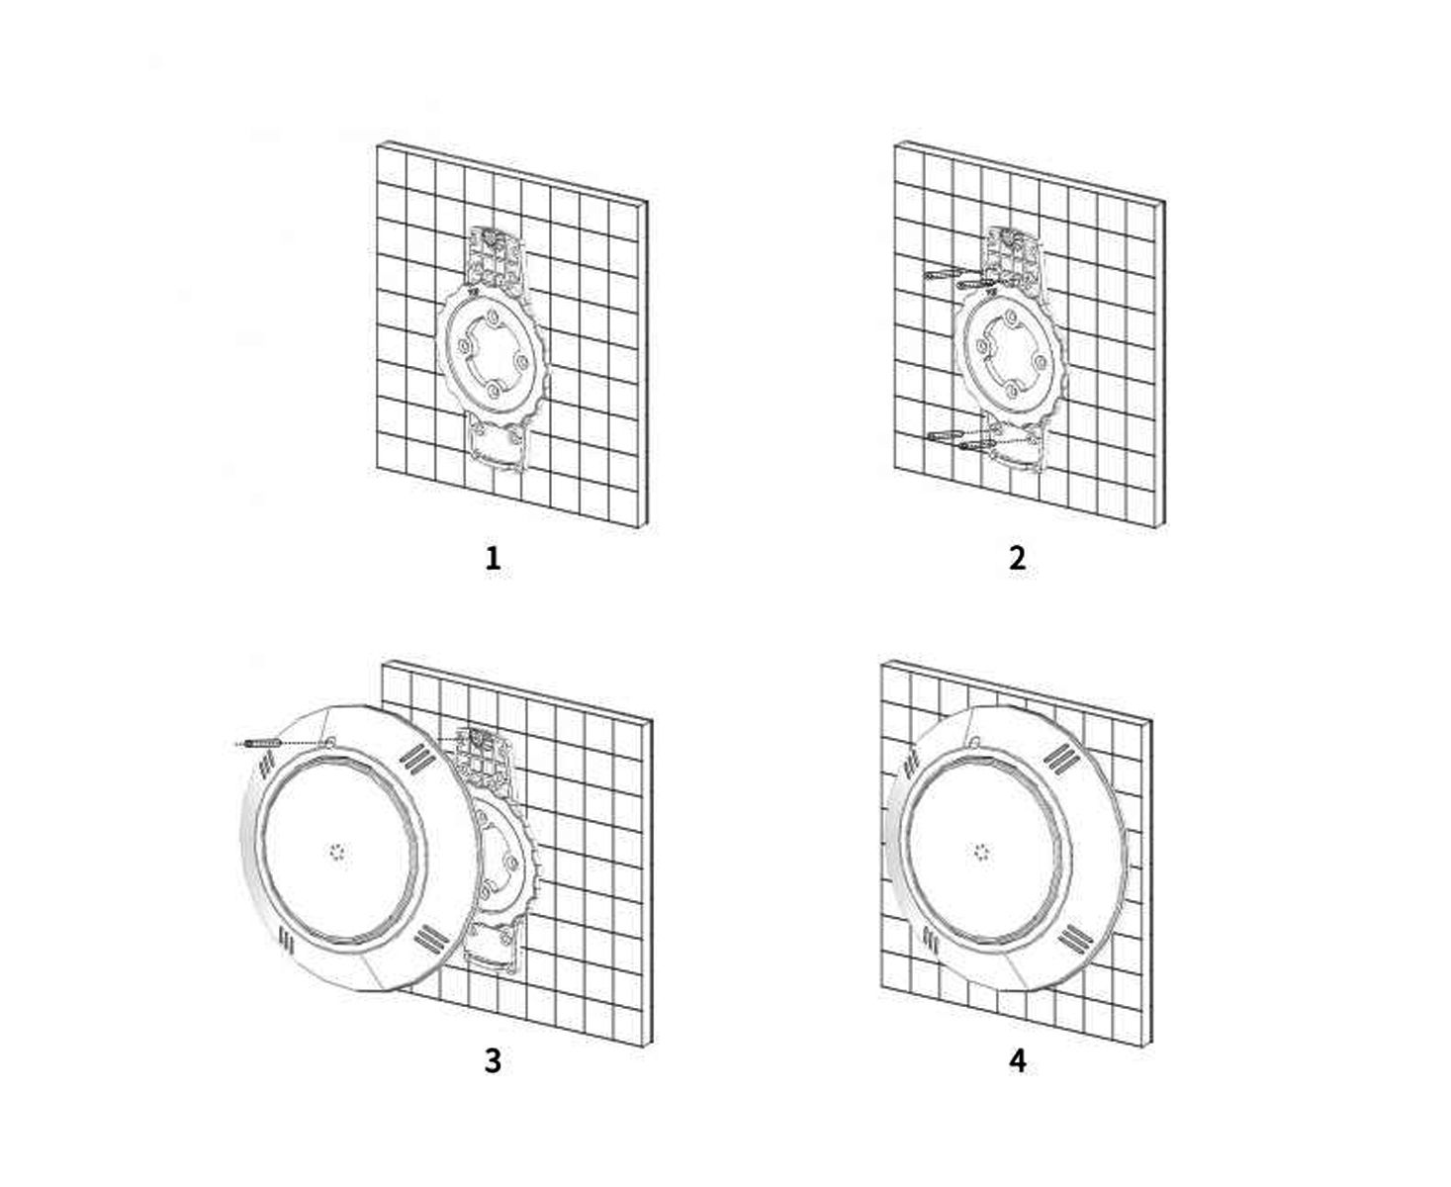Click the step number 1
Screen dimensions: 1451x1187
pyautogui.click(x=493, y=557)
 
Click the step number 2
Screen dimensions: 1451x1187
pyautogui.click(x=1017, y=557)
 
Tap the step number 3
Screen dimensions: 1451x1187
pyautogui.click(x=493, y=1060)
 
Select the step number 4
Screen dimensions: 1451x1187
pyautogui.click(x=1018, y=1060)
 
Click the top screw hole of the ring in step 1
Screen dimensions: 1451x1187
pyautogui.click(x=494, y=318)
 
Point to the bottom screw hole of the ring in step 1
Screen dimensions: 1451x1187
pyautogui.click(x=494, y=391)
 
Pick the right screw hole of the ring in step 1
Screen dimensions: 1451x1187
pyautogui.click(x=521, y=361)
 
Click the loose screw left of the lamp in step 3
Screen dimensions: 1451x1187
pyautogui.click(x=263, y=744)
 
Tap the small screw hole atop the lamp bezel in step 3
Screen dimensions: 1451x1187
pyautogui.click(x=330, y=743)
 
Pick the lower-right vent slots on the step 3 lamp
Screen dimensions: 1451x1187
pyautogui.click(x=432, y=938)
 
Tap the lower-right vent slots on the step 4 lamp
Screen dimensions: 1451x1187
pyautogui.click(x=1075, y=939)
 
